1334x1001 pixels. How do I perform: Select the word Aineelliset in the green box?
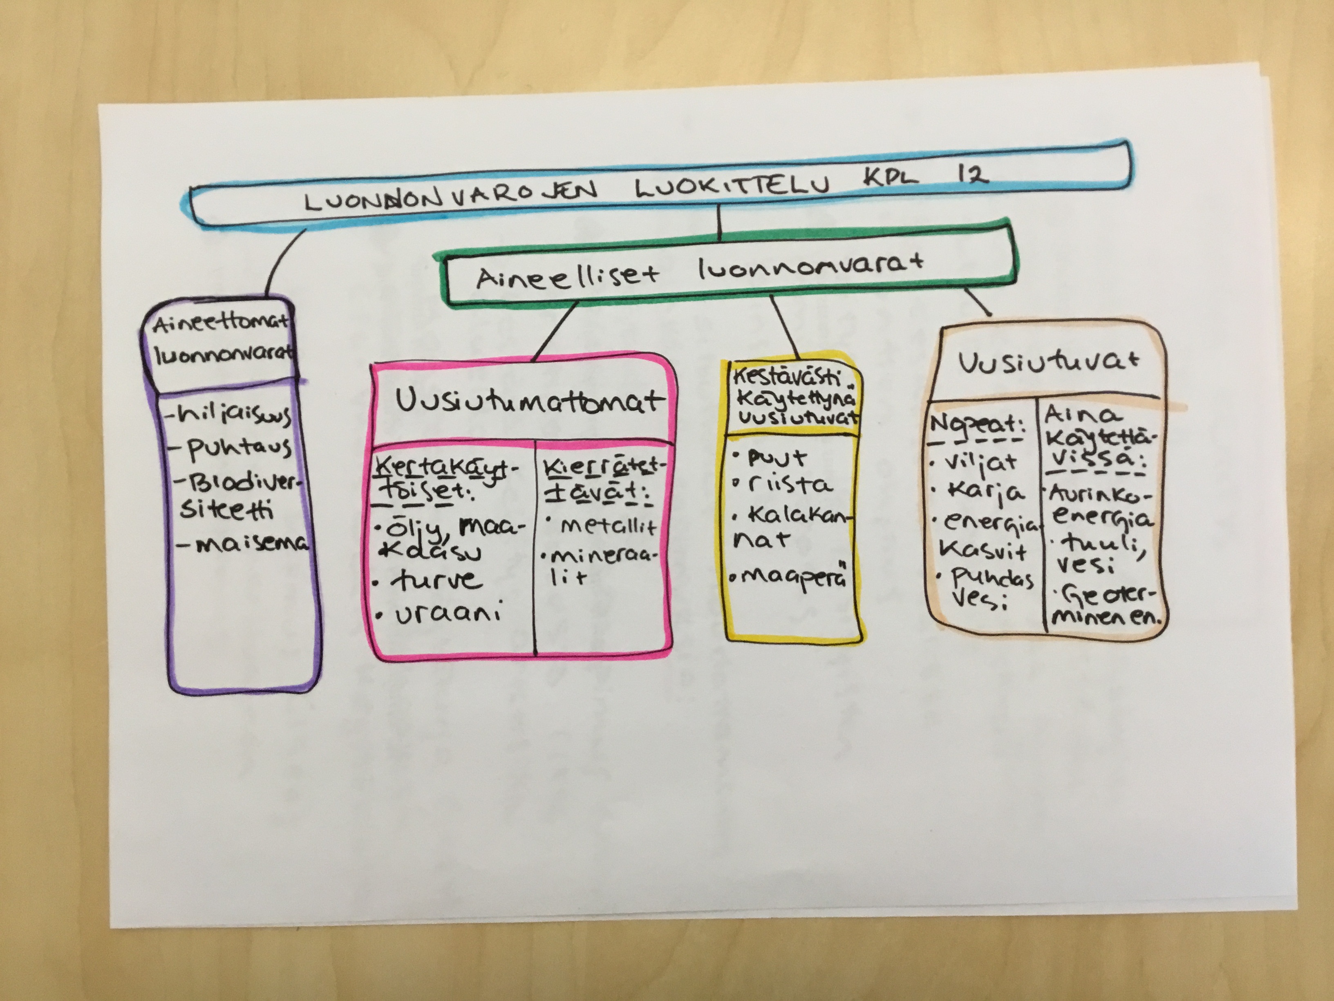(567, 278)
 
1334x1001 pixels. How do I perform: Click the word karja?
(983, 492)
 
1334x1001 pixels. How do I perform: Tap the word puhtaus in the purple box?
(238, 448)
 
